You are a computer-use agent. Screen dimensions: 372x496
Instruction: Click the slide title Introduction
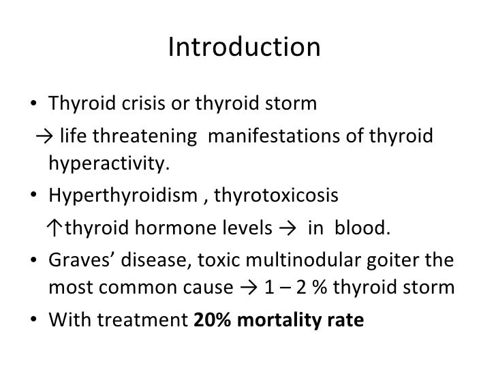(243, 48)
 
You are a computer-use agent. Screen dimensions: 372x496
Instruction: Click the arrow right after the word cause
(242, 288)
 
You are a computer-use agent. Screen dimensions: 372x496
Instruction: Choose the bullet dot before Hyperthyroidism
(35, 197)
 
